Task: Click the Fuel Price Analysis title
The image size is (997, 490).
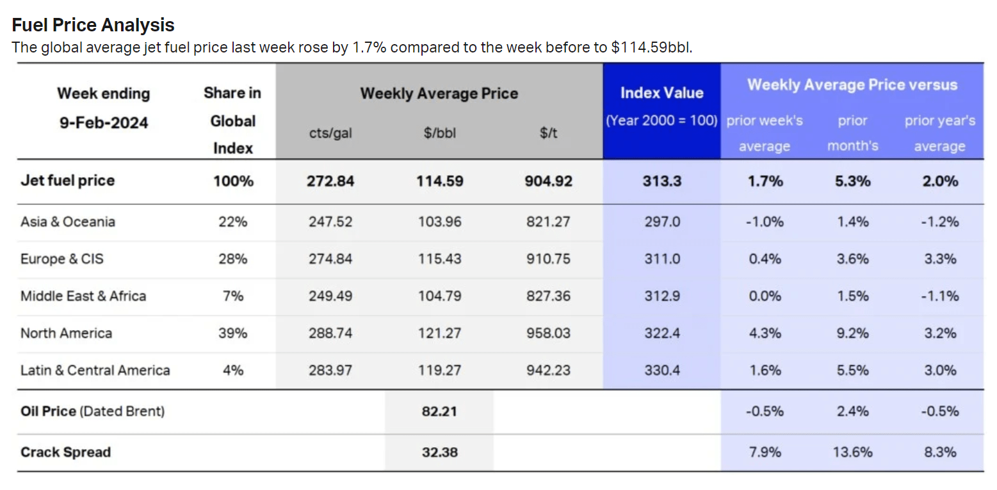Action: pyautogui.click(x=93, y=25)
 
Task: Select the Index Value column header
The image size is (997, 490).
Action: pyautogui.click(x=661, y=93)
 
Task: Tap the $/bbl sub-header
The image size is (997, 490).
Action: pyautogui.click(x=439, y=133)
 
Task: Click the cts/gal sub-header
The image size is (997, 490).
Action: pyautogui.click(x=330, y=133)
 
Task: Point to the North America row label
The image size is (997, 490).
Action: pyautogui.click(x=66, y=333)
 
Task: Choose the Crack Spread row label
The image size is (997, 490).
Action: pyautogui.click(x=65, y=452)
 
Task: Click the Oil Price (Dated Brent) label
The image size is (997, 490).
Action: pyautogui.click(x=92, y=411)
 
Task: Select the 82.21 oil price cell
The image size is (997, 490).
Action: pyautogui.click(x=439, y=411)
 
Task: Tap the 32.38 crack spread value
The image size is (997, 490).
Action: pyautogui.click(x=439, y=452)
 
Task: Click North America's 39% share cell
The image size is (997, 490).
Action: pyautogui.click(x=233, y=333)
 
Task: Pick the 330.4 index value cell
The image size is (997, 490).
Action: pyautogui.click(x=661, y=370)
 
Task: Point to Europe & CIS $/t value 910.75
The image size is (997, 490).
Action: pyautogui.click(x=547, y=259)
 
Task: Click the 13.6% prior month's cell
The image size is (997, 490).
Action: pyautogui.click(x=852, y=452)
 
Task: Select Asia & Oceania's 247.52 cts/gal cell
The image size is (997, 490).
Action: pyautogui.click(x=330, y=222)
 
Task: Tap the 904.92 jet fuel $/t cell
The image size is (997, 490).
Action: pyautogui.click(x=547, y=181)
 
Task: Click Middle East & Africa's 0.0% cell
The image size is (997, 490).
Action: pyautogui.click(x=765, y=296)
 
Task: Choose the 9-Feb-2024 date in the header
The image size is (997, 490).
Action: pyautogui.click(x=104, y=122)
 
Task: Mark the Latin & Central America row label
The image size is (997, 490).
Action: pyautogui.click(x=95, y=370)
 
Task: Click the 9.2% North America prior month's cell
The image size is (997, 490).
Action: pyautogui.click(x=852, y=333)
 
